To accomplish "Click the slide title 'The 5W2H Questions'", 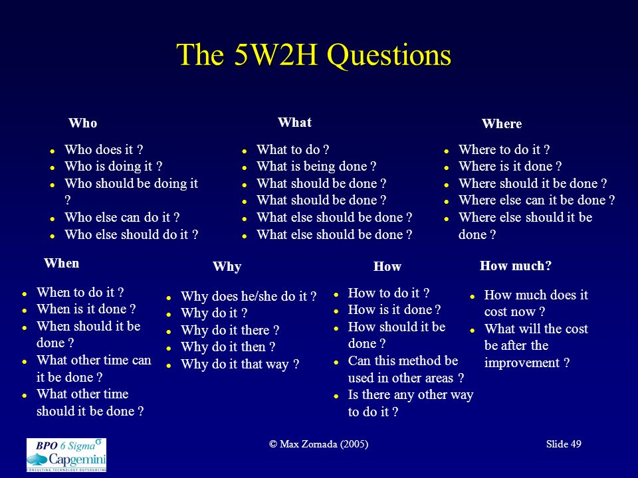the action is pos(314,55).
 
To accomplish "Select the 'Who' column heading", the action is pos(83,123).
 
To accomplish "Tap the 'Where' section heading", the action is pos(502,123).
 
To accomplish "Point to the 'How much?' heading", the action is pos(516,266).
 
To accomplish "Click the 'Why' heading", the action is pos(227,267).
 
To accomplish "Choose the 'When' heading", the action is pos(62,264).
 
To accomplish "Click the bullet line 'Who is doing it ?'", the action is pos(114,166).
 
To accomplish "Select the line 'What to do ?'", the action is pos(293,149).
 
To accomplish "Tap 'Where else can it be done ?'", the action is pos(537,200).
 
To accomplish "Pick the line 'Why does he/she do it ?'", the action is pos(249,296).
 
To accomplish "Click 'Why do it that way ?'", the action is pos(240,364).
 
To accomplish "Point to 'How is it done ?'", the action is pos(394,310).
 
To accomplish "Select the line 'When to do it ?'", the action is pos(80,292).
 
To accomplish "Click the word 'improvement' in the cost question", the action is pos(522,362).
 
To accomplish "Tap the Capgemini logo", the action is pos(66,455).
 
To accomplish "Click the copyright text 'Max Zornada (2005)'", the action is pos(324,444).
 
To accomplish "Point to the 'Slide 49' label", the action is pos(564,444).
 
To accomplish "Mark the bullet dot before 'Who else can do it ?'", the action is pos(53,219).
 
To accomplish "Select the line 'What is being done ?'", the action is pos(316,166).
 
